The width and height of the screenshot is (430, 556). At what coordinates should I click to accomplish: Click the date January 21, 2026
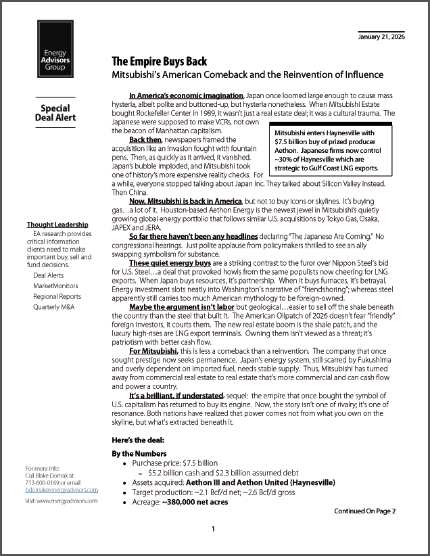pos(381,36)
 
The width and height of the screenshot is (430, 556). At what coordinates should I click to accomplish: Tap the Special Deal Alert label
pos(55,113)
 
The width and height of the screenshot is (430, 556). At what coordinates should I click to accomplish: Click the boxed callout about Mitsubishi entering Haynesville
pos(327,151)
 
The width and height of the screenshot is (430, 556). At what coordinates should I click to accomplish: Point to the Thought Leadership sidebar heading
pos(57,225)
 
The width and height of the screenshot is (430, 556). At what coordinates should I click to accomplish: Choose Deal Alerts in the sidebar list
pos(49,275)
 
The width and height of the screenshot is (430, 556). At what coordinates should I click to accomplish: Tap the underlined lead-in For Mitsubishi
pos(153,350)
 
